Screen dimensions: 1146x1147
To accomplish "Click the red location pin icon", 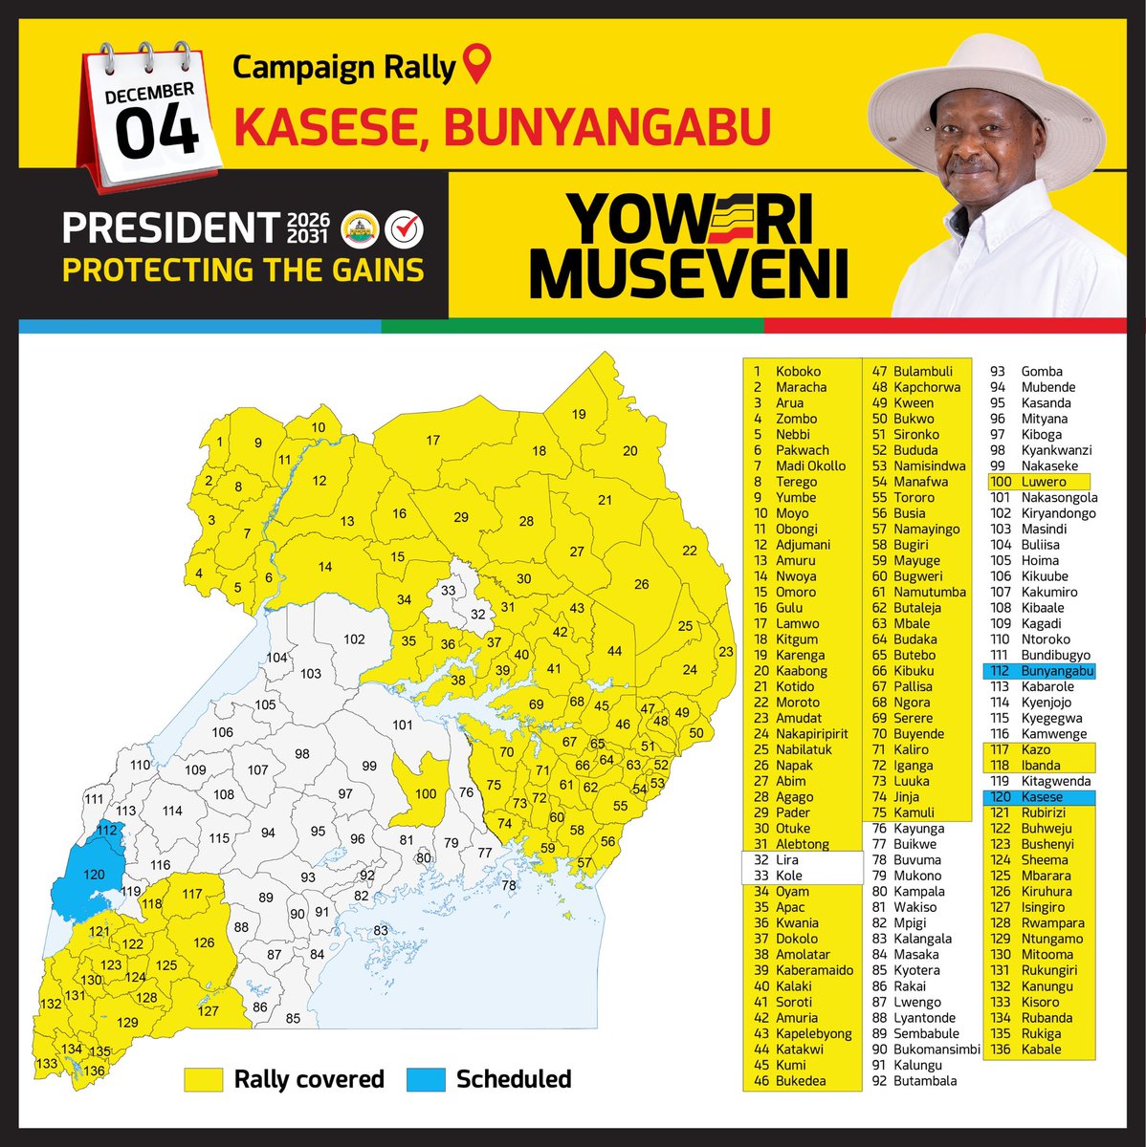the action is click(x=475, y=66).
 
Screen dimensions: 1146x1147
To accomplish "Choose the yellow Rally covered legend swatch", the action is click(x=204, y=1079).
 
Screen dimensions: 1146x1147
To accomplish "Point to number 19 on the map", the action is click(x=579, y=414).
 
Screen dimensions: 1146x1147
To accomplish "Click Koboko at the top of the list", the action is click(x=798, y=372).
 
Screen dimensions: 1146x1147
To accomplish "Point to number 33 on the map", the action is click(x=449, y=590).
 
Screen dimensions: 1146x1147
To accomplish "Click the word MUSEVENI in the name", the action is click(x=689, y=273).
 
